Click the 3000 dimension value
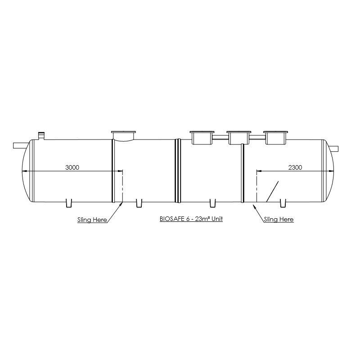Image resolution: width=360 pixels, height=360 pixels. point(72,167)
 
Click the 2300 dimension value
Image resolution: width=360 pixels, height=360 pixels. point(295,167)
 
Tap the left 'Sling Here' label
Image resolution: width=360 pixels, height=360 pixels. point(92,220)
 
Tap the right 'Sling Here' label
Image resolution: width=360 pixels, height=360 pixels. point(279,219)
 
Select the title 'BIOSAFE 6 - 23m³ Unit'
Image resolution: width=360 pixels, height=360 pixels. point(191,219)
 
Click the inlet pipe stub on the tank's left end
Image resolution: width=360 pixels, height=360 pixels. point(21,145)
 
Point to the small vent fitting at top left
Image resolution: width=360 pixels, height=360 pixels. point(41,135)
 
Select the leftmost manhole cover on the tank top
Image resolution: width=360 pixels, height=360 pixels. point(123,136)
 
